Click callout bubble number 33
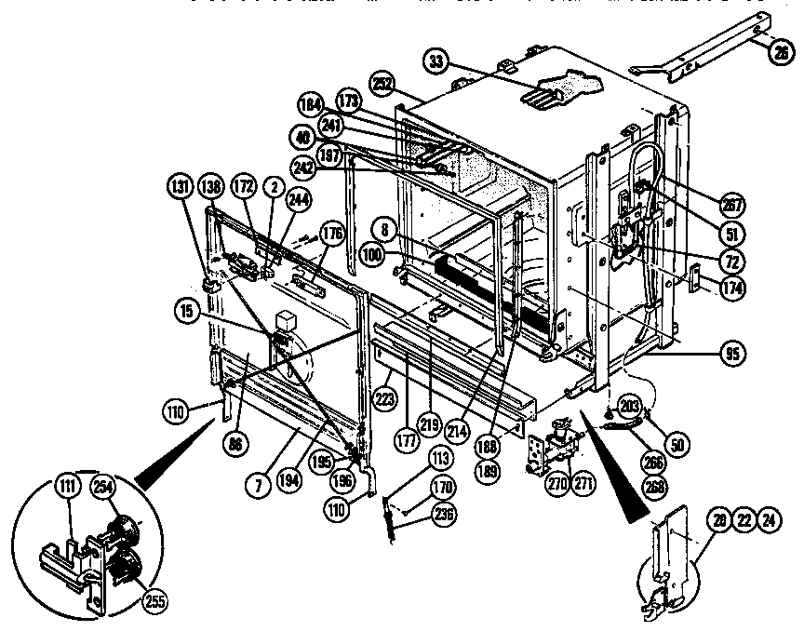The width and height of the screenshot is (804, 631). [435, 61]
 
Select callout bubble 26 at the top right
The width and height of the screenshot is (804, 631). [780, 52]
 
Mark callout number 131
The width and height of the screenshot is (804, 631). [180, 185]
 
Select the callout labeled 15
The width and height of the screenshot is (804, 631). [190, 315]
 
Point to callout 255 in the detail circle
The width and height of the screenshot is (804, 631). [154, 600]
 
